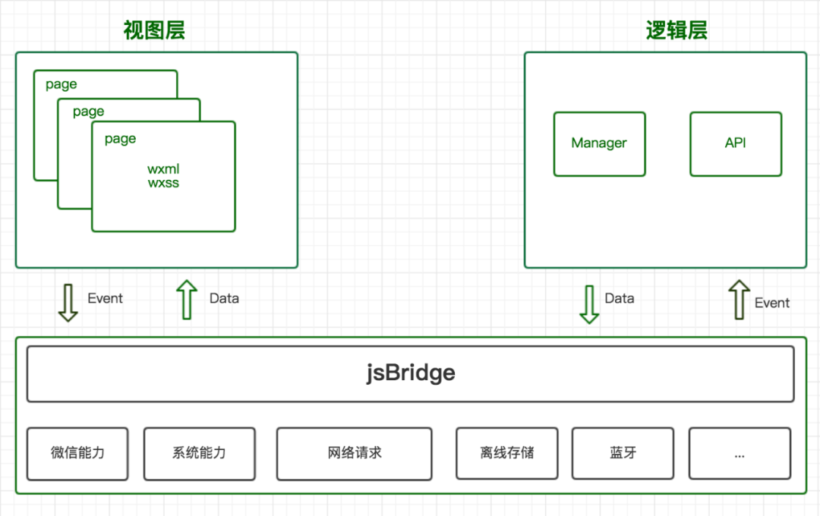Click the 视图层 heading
click(x=154, y=30)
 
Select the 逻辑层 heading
click(x=676, y=30)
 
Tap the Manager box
click(x=599, y=143)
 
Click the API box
click(x=735, y=143)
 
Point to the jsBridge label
click(x=410, y=373)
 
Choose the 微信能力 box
click(x=77, y=453)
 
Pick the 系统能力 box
click(x=199, y=453)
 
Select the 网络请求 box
click(x=354, y=453)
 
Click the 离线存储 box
click(x=506, y=453)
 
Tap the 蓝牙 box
click(x=623, y=453)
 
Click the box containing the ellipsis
click(x=739, y=453)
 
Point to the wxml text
click(x=163, y=168)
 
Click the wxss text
click(x=163, y=183)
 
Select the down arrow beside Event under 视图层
click(x=68, y=302)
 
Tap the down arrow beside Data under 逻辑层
click(x=589, y=304)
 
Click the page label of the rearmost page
click(x=61, y=84)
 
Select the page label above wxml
click(x=120, y=139)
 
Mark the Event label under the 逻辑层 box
click(x=772, y=303)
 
